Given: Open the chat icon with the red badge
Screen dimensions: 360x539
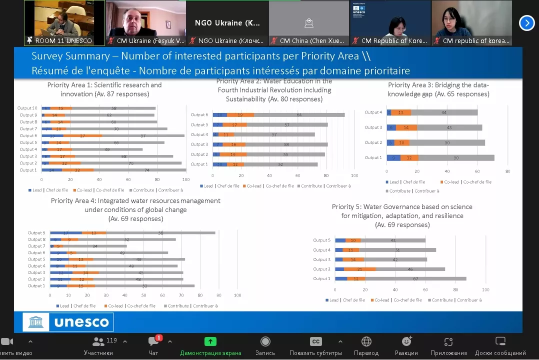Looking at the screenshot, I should (153, 341).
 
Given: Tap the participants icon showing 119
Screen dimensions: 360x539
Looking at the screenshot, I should (99, 341).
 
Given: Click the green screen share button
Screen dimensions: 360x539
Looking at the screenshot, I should (210, 341).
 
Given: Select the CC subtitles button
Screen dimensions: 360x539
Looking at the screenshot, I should (315, 341).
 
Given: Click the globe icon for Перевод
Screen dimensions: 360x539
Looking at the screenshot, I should (366, 341).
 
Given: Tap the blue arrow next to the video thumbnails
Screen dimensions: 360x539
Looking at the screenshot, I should (526, 23).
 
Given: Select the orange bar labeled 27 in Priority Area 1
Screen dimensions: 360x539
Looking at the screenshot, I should (82, 135).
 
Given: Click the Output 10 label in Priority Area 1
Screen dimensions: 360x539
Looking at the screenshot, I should (27, 108).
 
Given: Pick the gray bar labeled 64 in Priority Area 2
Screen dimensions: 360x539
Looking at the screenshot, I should (299, 115).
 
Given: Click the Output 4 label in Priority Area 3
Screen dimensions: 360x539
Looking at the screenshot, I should (373, 112).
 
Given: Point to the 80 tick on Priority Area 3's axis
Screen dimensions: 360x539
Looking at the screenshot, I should (508, 171).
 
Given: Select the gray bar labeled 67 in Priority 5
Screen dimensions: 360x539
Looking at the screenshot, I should (415, 278).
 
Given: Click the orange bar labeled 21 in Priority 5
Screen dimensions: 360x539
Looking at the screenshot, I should (359, 269).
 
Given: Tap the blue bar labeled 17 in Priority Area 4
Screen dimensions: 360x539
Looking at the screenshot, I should (66, 233).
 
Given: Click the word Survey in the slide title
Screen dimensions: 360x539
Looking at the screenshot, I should (49, 56).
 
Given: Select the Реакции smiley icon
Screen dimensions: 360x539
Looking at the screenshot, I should (406, 341).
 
